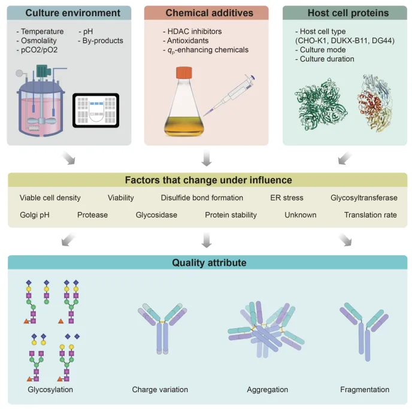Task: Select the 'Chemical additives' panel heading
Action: pyautogui.click(x=206, y=13)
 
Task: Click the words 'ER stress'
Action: pyautogui.click(x=287, y=198)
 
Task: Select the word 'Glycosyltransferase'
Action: pyautogui.click(x=363, y=198)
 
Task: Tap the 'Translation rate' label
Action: pyautogui.click(x=370, y=214)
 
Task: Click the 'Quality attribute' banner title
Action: pyautogui.click(x=206, y=262)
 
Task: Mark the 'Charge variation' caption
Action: pyautogui.click(x=160, y=390)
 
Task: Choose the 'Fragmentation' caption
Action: pyautogui.click(x=364, y=390)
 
